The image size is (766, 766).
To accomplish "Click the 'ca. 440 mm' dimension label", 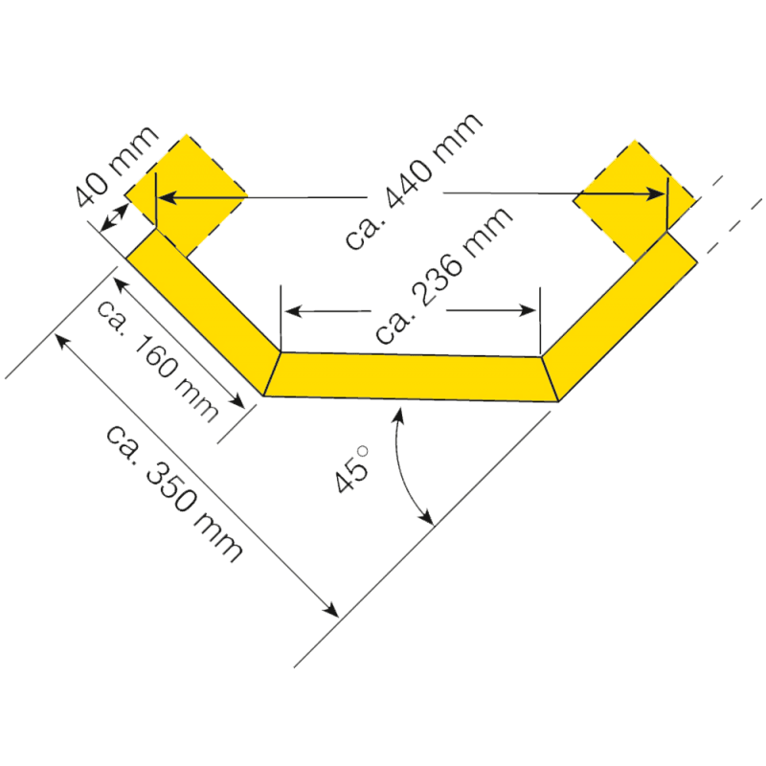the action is coord(414,181).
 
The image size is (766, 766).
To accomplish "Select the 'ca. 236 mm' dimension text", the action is coord(443,275).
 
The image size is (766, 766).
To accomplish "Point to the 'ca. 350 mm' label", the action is coord(174,492).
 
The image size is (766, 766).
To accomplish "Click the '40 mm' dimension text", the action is coord(117,166).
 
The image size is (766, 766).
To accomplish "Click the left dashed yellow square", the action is coord(186,195).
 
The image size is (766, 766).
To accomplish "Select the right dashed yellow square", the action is coord(634,200).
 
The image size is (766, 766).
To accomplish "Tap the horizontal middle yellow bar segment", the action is coord(411,376).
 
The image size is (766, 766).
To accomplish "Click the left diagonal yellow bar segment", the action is coord(203,312).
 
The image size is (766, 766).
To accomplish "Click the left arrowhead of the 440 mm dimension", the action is coord(167,198).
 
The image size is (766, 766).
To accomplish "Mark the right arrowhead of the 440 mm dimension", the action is coord(656,194).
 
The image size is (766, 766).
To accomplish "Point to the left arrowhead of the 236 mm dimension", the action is coord(294,310).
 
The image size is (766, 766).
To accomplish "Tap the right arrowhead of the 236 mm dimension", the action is coord(528,310).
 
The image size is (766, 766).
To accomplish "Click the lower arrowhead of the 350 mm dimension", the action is coord(330,610).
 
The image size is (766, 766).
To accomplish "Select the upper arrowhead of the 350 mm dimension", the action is coord(62,341).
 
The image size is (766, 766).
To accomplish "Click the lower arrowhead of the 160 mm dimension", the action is coord(237,400).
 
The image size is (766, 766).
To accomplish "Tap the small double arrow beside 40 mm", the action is coord(114,218).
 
